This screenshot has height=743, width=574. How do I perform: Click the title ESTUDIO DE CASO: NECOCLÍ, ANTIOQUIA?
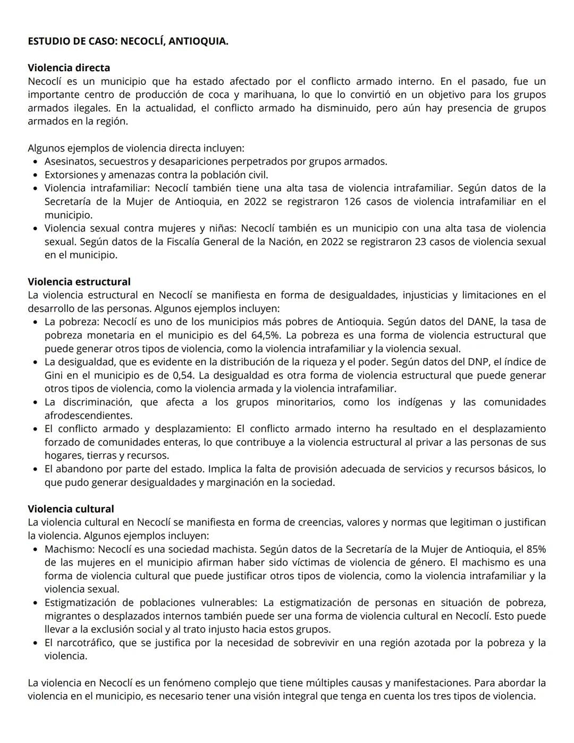128,41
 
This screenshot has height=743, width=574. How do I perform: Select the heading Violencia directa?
69,67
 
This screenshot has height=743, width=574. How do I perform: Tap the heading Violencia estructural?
79,282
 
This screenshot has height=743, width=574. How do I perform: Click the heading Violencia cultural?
71,509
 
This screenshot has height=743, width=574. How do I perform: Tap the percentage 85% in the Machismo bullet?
535,549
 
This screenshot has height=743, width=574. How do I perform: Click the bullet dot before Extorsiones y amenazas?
35,175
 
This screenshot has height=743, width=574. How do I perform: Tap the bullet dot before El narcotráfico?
35,643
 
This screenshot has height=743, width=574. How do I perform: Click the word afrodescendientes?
88,416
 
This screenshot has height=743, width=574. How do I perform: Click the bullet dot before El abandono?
35,469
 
